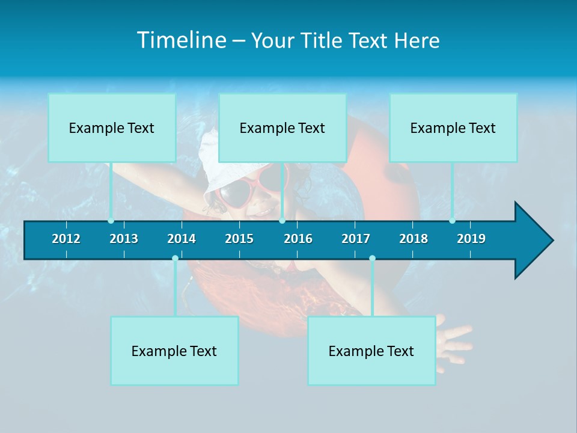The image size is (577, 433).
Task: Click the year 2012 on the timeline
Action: coord(66,239)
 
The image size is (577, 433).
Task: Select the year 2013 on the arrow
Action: coord(124,239)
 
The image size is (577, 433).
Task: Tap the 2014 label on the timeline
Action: coord(182,239)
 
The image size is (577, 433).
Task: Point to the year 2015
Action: coord(239,239)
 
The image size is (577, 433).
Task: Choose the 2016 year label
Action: coord(298,239)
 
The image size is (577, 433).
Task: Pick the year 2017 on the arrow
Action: coord(356,239)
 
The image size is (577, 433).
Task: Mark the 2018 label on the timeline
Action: coord(414,239)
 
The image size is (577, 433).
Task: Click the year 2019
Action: coord(471,239)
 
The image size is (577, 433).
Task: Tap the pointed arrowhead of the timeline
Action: coord(535,241)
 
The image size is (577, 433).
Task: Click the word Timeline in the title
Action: coord(180,40)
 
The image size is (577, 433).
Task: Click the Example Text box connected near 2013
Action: coord(112,127)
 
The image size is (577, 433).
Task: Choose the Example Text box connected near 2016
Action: coord(282,127)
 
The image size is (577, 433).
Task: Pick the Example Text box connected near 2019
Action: coord(453,127)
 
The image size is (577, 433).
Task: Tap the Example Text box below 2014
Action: coord(174,351)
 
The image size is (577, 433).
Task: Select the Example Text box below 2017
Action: coord(371,351)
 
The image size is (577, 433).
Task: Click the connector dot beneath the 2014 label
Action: coord(175,259)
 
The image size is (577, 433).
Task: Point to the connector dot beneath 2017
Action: coord(372,259)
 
